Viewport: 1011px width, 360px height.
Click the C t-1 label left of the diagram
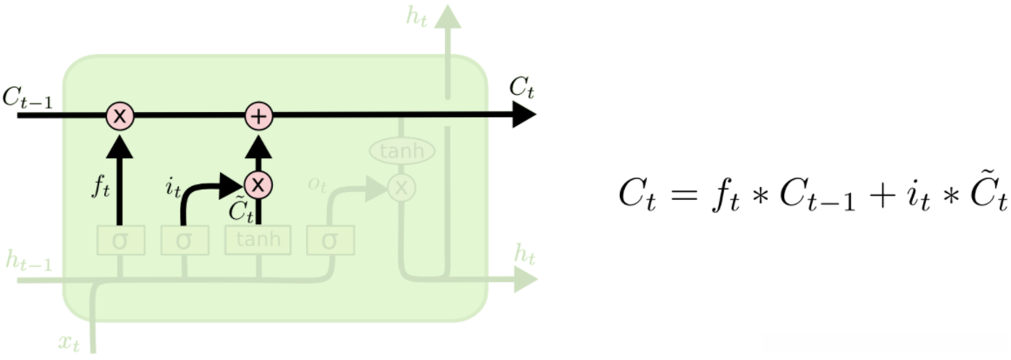tap(28, 98)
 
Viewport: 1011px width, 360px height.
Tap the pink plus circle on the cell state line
tap(258, 116)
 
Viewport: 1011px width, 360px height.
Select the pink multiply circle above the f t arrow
tap(120, 116)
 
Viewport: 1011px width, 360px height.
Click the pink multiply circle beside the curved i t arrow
tap(258, 184)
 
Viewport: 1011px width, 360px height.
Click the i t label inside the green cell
tap(174, 185)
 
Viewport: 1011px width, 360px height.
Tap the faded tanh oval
tap(402, 151)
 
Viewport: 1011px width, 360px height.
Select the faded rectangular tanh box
tap(257, 240)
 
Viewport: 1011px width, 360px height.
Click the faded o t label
tap(318, 184)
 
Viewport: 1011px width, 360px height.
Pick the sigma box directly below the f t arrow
tap(120, 240)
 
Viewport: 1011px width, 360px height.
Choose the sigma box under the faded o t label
tap(328, 240)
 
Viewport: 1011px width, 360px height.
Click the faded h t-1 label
tap(25, 260)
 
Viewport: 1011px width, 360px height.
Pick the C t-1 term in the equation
tap(820, 199)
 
